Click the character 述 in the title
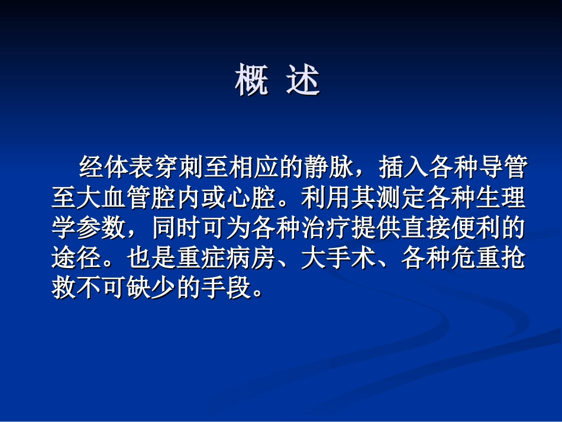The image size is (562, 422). click(303, 80)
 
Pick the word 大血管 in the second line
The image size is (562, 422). click(115, 199)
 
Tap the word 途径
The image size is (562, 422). click(77, 260)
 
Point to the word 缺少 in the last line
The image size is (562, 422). click(152, 290)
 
